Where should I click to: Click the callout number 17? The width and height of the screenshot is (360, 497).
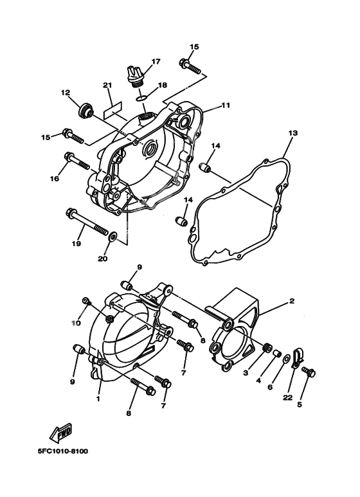point(155,62)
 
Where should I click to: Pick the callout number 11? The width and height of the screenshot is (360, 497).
point(225,105)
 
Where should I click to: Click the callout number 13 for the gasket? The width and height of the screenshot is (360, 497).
point(292,133)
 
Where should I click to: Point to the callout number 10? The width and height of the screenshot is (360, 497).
point(76,323)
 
